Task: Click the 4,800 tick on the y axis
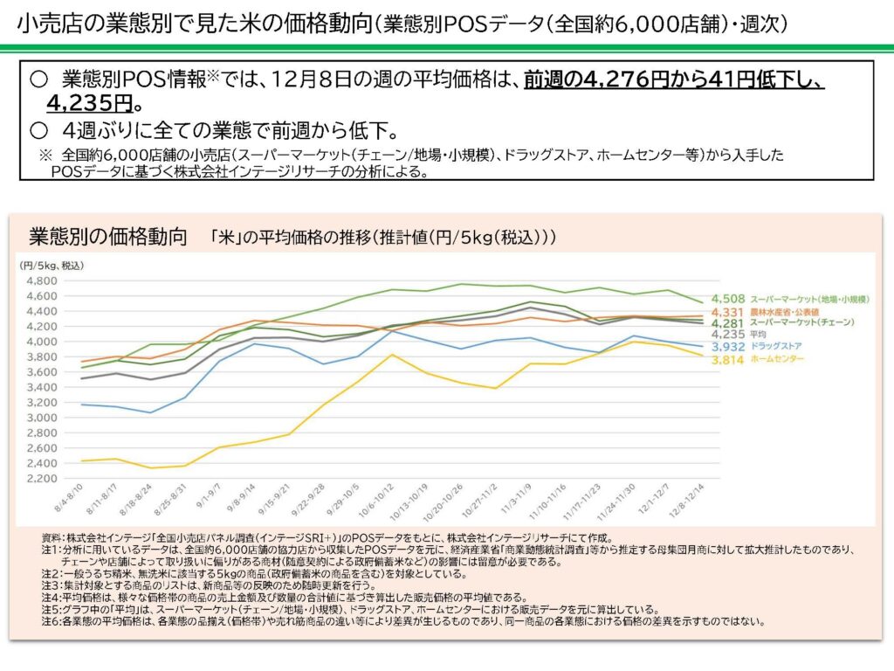[41, 280]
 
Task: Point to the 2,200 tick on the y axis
[41, 479]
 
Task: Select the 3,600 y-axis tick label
[41, 372]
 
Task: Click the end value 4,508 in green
[728, 299]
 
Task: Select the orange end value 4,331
[728, 312]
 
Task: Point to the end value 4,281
[728, 323]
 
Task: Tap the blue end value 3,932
[728, 347]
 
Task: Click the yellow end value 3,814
[728, 359]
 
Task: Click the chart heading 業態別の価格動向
[108, 238]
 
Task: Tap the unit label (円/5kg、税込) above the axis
[52, 265]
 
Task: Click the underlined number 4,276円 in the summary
[611, 81]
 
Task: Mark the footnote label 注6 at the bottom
[50, 622]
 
